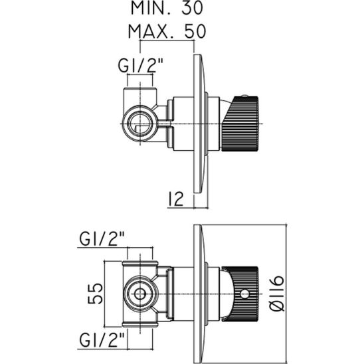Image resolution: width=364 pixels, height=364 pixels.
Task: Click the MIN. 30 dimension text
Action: coord(167,8)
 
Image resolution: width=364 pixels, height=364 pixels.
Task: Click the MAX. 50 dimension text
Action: coord(167,31)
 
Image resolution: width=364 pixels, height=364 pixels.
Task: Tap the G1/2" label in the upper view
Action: coord(141,66)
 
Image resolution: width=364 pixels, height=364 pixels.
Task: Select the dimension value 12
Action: coord(175,199)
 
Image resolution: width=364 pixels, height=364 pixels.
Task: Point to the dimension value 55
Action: coord(95,294)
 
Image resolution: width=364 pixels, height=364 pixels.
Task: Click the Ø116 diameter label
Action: coord(277,294)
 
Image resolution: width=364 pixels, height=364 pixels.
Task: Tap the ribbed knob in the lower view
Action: coord(241,294)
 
